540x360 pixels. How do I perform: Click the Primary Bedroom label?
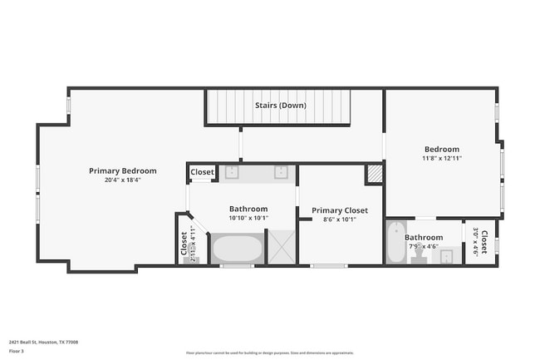[122, 170]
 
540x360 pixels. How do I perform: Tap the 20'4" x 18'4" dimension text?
[122, 180]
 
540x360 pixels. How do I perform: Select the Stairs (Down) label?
[280, 106]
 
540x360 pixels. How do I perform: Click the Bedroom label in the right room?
[441, 149]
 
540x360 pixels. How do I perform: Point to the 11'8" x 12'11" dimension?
[441, 158]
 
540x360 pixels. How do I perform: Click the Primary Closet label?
[339, 210]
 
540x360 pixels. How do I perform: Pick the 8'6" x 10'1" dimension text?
[339, 219]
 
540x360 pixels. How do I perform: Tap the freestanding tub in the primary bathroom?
[237, 249]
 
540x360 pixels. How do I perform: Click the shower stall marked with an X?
[281, 249]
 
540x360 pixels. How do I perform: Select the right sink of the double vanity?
[281, 173]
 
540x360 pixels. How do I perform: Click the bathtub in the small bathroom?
[396, 243]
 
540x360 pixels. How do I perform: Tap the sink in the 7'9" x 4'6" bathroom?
[446, 257]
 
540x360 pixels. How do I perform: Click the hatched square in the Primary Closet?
[375, 175]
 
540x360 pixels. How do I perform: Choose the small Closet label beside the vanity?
[202, 173]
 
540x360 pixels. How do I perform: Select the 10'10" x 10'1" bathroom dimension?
[248, 219]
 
